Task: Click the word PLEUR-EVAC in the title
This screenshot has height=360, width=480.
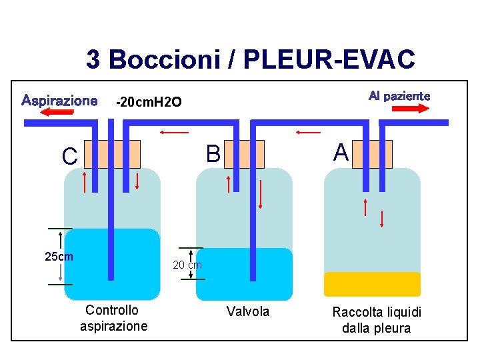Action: (329, 60)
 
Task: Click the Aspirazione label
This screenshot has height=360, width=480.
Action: (59, 101)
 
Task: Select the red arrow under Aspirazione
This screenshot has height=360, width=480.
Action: (57, 113)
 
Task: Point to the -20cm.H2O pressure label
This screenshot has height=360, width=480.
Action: (148, 102)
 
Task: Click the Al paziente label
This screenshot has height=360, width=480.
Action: (399, 96)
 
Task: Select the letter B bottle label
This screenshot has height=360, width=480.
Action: (213, 155)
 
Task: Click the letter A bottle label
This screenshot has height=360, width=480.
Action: (341, 153)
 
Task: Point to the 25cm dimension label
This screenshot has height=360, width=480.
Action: (59, 257)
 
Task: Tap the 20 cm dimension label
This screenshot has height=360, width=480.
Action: (187, 265)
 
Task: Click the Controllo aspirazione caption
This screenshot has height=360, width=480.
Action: (113, 318)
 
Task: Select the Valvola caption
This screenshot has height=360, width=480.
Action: (248, 311)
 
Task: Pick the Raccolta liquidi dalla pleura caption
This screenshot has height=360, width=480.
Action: (377, 320)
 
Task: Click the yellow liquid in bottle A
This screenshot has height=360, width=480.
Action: (372, 284)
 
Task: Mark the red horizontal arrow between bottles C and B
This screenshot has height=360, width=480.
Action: (174, 133)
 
